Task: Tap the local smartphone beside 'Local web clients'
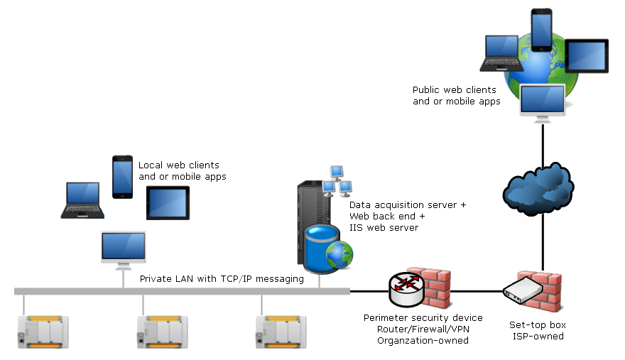pyautogui.click(x=122, y=177)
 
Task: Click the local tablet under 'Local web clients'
pyautogui.click(x=168, y=203)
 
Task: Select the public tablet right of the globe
pyautogui.click(x=586, y=55)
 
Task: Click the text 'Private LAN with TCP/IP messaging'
pyautogui.click(x=222, y=279)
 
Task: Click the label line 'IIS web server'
pyautogui.click(x=384, y=228)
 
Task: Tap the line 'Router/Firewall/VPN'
pyautogui.click(x=423, y=329)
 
